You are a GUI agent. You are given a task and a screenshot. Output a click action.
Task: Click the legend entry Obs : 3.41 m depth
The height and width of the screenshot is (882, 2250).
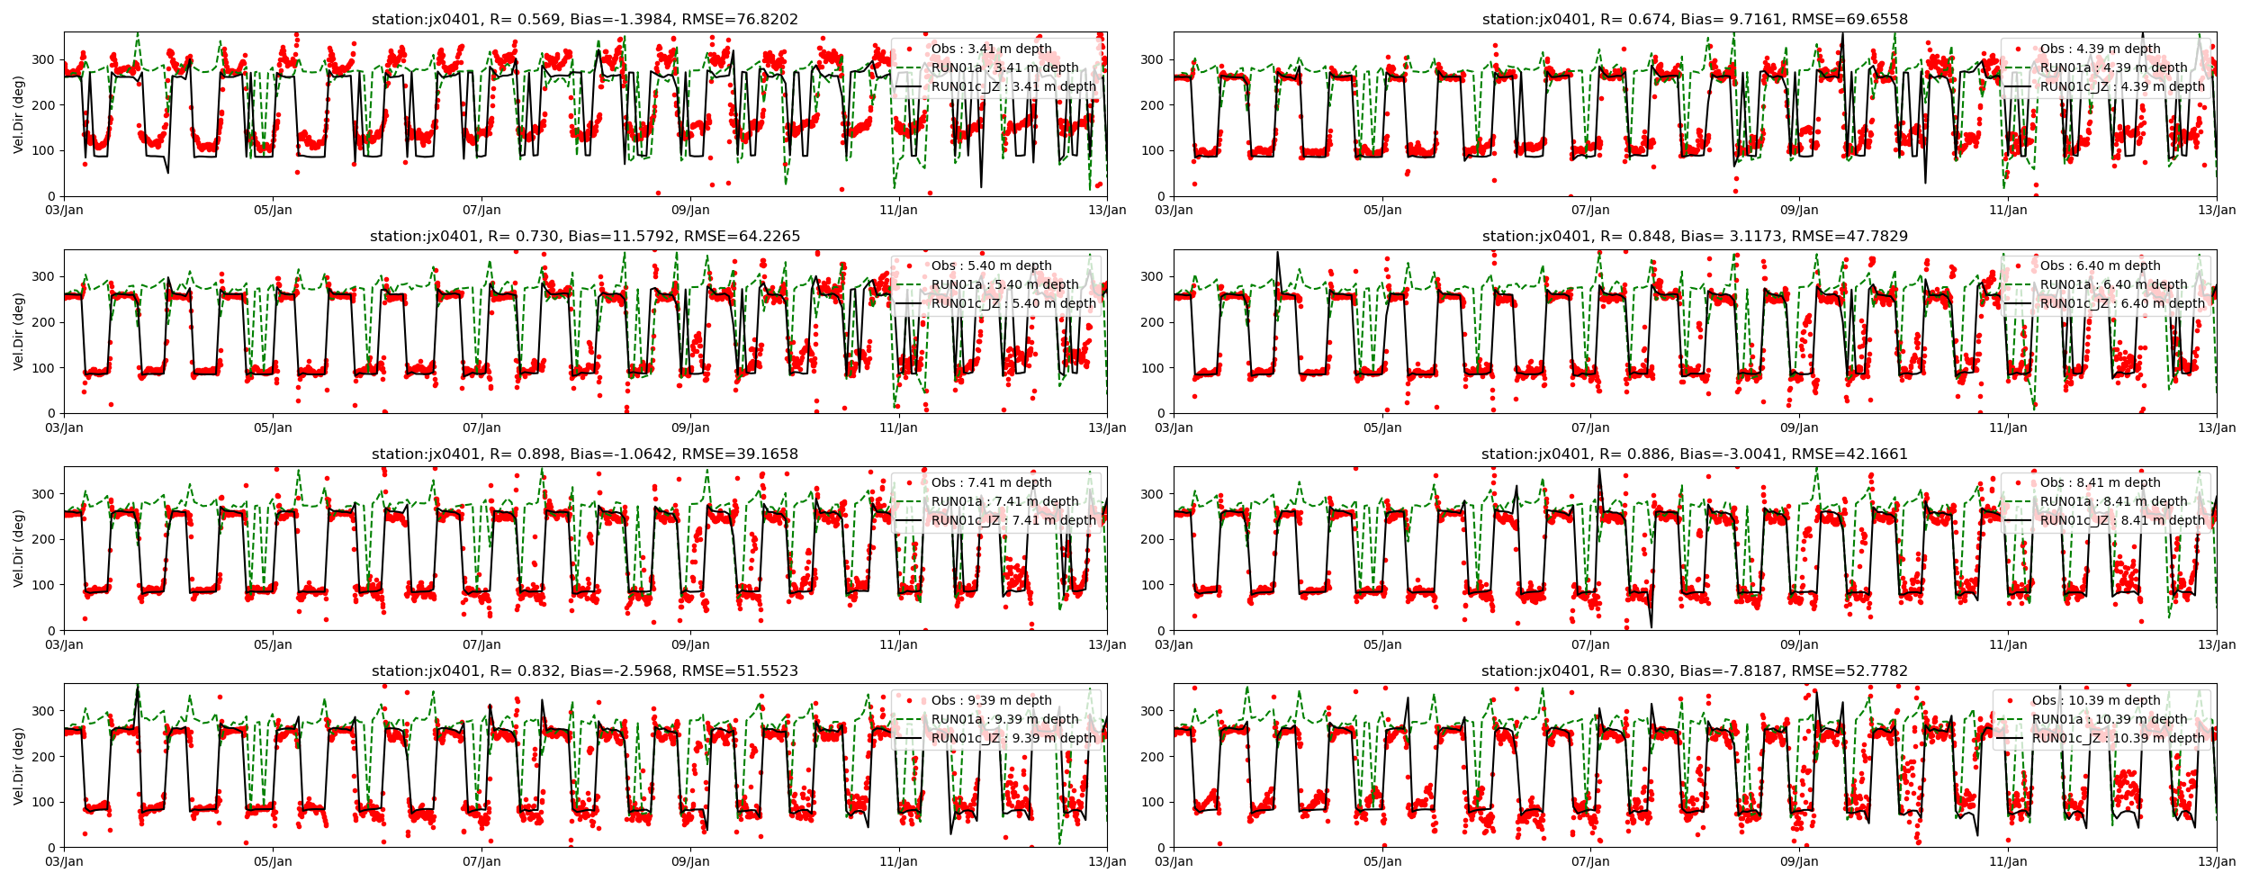click(991, 49)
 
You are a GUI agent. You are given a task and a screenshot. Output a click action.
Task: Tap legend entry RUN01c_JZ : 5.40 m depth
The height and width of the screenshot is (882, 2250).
click(1013, 303)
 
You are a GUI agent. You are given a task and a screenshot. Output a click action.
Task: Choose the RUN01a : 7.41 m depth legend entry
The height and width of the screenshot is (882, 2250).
click(1004, 501)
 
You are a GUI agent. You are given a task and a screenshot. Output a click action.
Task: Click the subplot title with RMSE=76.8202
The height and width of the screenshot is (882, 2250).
click(585, 20)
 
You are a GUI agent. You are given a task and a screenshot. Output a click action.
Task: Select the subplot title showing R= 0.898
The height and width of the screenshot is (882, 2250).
click(585, 454)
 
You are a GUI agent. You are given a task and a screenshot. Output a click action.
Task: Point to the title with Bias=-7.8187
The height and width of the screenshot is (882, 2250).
click(1695, 671)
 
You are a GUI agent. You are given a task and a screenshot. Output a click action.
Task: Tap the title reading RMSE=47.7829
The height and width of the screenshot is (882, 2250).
click(1695, 237)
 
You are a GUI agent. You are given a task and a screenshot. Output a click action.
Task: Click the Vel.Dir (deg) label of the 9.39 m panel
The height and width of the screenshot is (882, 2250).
click(19, 765)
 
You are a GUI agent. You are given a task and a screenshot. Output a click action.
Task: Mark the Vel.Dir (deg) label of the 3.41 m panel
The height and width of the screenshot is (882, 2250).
click(19, 113)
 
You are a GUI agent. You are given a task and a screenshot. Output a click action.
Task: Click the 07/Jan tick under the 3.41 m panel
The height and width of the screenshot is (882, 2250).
click(481, 211)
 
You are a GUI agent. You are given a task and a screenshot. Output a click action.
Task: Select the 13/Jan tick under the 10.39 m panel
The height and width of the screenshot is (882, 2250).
click(2216, 862)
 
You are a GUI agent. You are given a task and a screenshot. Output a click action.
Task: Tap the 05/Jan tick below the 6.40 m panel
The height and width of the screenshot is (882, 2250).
click(1381, 428)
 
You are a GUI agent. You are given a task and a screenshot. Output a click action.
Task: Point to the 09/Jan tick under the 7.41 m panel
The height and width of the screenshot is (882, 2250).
click(690, 645)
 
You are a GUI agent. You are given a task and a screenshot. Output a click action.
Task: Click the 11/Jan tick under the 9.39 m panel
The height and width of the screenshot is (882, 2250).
click(898, 862)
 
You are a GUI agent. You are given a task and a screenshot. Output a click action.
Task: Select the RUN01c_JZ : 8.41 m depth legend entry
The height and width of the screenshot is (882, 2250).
click(2122, 520)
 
